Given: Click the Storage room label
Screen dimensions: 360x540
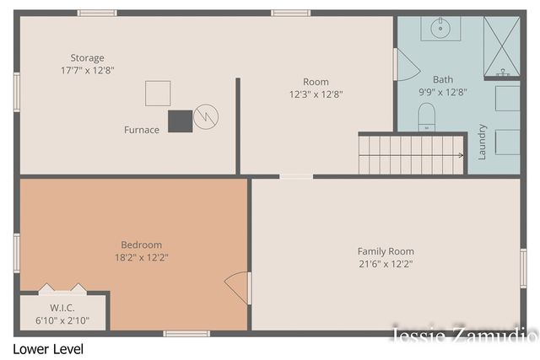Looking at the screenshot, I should [x=88, y=58].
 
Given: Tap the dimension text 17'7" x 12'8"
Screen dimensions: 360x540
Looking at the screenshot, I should [x=88, y=71].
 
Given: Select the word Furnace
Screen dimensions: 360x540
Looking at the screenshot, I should [x=141, y=130].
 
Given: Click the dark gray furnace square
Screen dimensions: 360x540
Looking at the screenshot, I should [x=180, y=121].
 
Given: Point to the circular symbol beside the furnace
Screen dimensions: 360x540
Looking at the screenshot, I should [x=205, y=117].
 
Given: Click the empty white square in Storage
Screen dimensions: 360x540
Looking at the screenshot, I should [x=158, y=93].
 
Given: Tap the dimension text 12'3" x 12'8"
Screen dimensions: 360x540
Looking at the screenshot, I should [x=316, y=94].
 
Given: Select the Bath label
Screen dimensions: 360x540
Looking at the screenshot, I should [x=443, y=80].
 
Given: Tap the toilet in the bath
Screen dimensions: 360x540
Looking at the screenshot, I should [x=426, y=116].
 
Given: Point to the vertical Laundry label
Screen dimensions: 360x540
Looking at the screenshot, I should [x=483, y=142].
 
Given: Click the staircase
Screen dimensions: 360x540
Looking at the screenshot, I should [x=412, y=154].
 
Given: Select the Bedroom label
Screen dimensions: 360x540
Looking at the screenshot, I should [x=141, y=244].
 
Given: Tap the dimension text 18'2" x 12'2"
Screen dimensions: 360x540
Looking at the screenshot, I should [x=141, y=257].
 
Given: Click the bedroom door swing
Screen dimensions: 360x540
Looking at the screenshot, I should [x=238, y=287].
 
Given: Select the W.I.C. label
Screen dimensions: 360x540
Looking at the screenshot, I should [x=62, y=308].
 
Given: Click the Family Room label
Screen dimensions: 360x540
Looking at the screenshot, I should [x=386, y=251].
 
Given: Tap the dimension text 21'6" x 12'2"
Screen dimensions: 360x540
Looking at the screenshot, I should [x=386, y=264].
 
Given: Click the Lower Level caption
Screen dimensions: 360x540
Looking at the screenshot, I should [x=48, y=348].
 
